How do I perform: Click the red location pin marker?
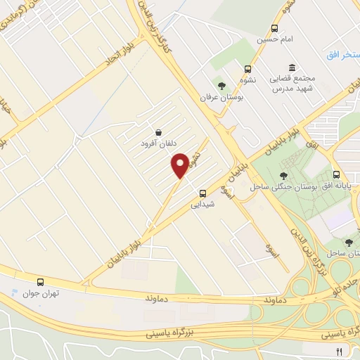(181, 165)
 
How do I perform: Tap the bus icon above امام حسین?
(274, 29)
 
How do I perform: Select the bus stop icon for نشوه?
(247, 69)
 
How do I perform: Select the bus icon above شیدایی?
(202, 193)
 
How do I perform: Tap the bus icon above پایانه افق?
(337, 174)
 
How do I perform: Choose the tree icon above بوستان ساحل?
(349, 241)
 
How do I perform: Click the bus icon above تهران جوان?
(41, 281)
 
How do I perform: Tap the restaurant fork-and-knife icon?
(339, 351)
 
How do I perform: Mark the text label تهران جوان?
(40, 293)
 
